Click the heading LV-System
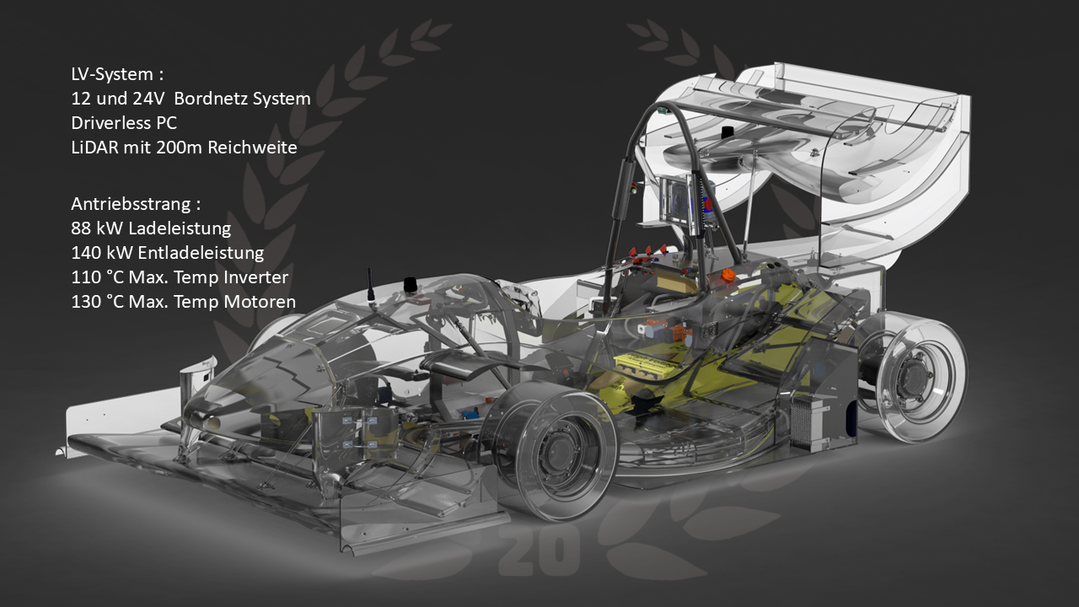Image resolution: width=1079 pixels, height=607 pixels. pos(112,74)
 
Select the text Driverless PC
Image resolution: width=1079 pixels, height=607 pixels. pos(124,123)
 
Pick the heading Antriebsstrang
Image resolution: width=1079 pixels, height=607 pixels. pos(131,204)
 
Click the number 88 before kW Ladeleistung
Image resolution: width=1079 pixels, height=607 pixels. pos(81,228)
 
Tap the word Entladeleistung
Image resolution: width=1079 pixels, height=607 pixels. pos(201,254)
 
